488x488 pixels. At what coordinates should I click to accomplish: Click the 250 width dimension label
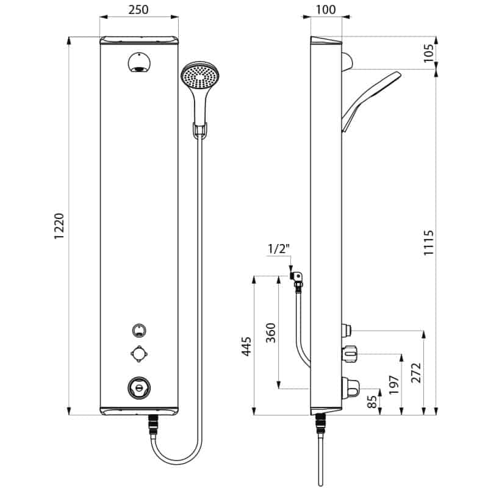138,10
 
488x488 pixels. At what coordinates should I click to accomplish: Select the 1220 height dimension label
59,226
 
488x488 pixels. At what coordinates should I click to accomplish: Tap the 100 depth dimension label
326,10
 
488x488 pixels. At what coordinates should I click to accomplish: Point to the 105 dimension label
429,53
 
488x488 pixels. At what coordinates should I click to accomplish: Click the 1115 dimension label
429,243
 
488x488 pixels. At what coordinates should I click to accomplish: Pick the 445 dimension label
246,346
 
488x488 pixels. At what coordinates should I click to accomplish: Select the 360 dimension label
271,332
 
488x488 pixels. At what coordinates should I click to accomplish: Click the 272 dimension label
416,373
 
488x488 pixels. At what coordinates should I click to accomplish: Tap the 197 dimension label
394,385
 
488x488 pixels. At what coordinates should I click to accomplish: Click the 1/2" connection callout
279,249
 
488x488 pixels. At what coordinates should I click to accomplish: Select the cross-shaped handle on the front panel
139,354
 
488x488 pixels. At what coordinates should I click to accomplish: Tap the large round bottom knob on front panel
139,388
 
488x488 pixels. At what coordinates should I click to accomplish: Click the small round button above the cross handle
139,330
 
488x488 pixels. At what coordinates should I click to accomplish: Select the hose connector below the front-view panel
154,425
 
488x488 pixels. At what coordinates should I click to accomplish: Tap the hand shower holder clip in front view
200,130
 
